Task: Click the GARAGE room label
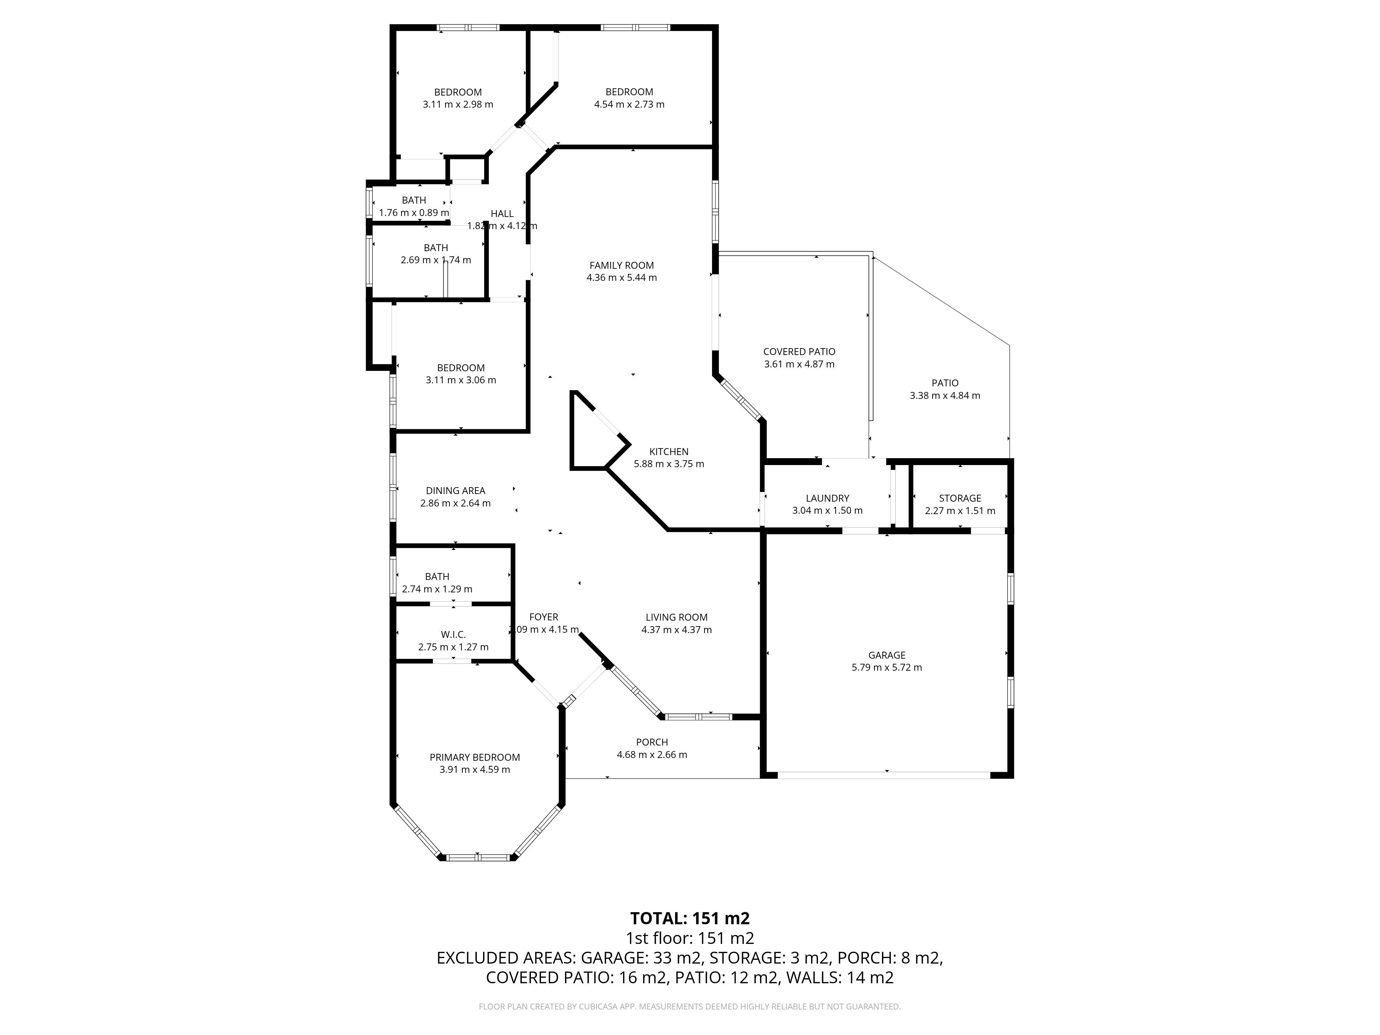coord(887,655)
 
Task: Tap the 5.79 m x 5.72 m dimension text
coord(887,668)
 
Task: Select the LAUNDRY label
coord(827,499)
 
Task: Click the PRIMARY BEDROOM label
coord(475,757)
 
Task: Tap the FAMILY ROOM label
coord(621,266)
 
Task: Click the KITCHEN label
coord(669,452)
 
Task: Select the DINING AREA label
coord(455,491)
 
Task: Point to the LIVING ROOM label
coord(676,618)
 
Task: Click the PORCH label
coord(652,742)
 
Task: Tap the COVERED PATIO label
coord(799,352)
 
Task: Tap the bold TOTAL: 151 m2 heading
coord(690,918)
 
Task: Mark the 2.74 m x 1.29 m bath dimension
coord(437,589)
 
